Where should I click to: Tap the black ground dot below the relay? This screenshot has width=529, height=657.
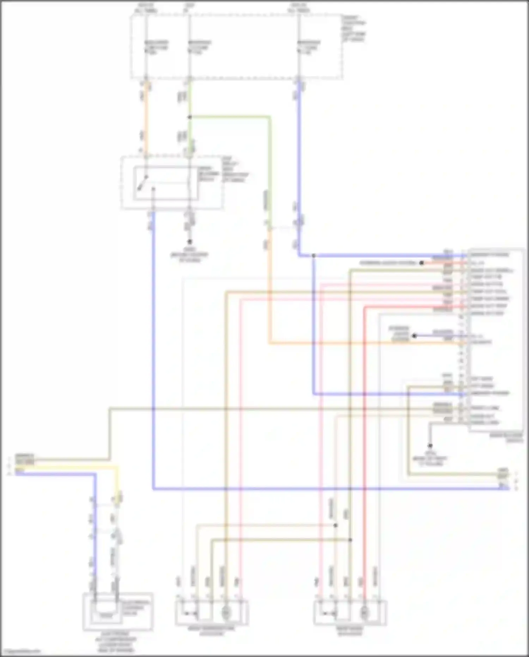189,242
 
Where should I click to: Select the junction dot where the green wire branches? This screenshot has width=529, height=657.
189,117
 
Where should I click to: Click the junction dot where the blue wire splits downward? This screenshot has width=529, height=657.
313,255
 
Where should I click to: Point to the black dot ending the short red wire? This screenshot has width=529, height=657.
421,263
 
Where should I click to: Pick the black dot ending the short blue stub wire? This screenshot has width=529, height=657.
415,336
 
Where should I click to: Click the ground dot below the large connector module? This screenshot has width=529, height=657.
430,446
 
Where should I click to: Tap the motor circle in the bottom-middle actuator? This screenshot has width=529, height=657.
226,614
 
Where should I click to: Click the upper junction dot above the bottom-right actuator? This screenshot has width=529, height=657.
335,525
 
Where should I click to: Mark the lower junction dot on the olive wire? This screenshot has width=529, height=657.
350,540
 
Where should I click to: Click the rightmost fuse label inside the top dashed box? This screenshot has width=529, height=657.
309,47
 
